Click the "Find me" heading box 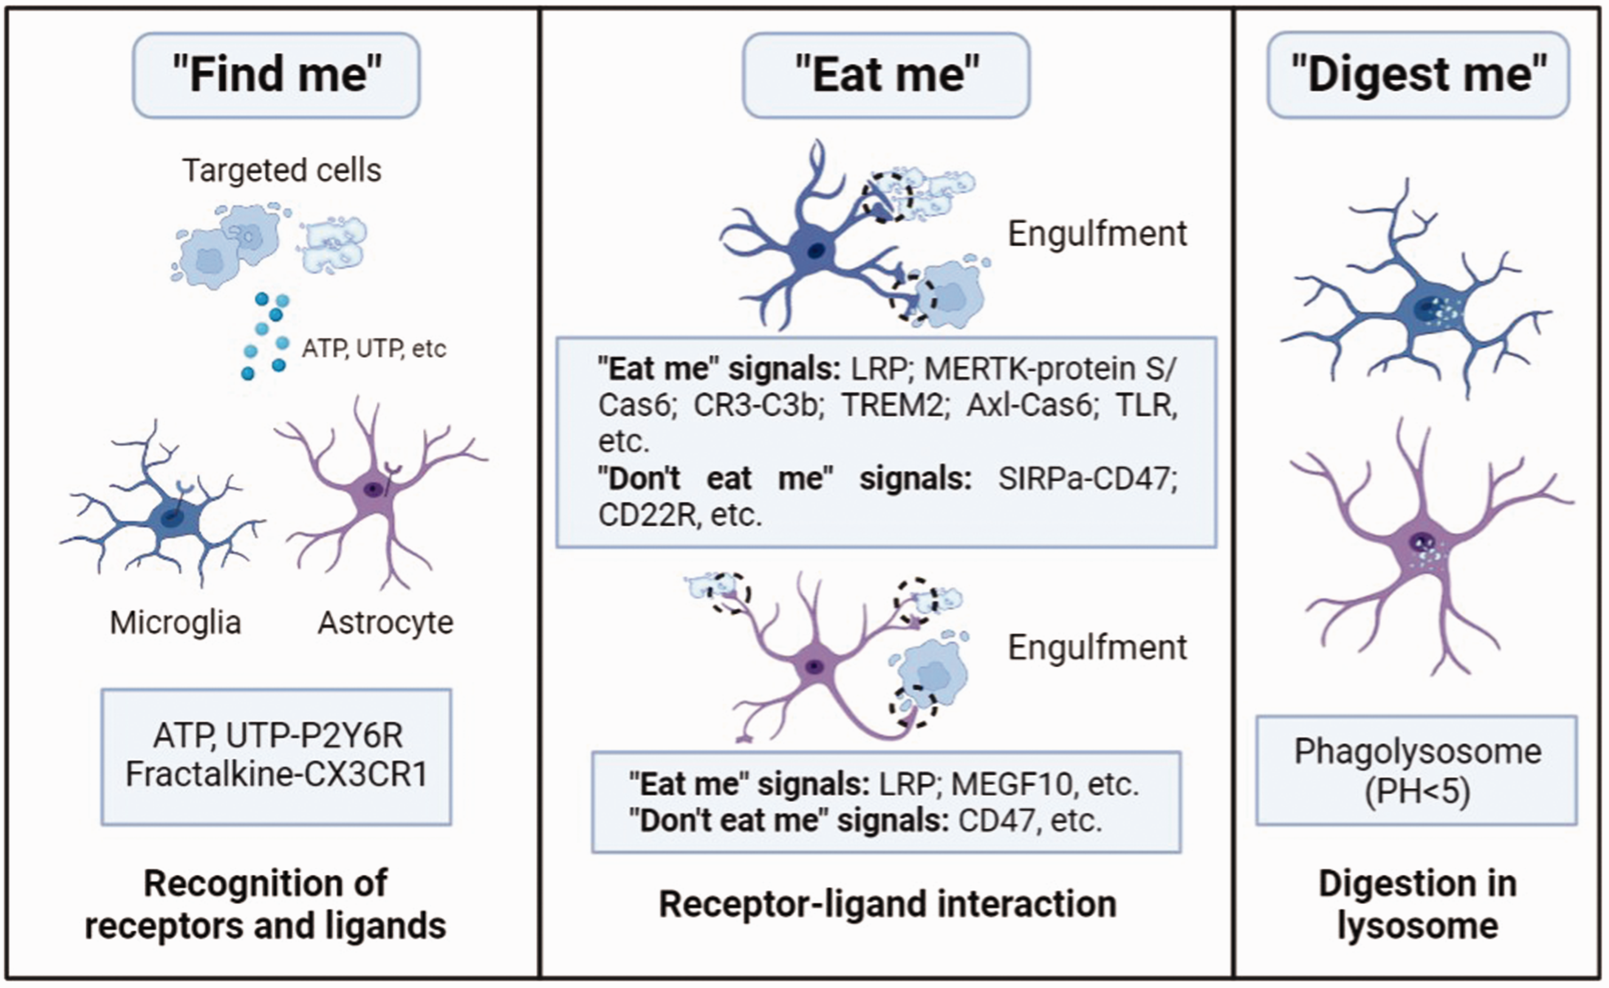(276, 75)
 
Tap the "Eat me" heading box (886, 75)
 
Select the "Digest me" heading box (1418, 75)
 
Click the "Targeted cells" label (282, 170)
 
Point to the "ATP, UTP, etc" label (374, 349)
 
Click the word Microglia (175, 623)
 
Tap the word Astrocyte (385, 623)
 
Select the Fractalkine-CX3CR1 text (276, 775)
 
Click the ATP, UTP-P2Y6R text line (278, 736)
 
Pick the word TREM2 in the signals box (893, 406)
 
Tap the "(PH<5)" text (1418, 791)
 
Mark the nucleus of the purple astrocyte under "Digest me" (1422, 542)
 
